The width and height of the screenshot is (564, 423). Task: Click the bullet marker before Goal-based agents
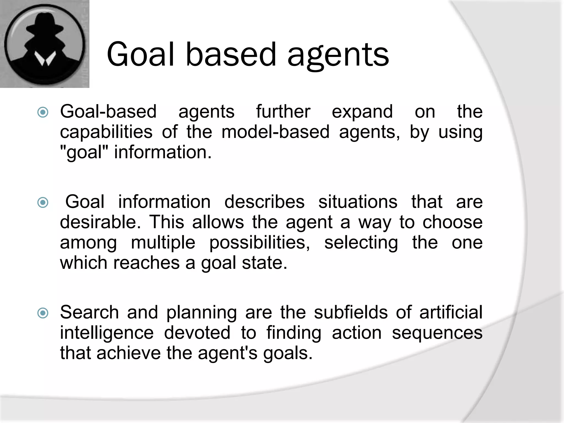43,112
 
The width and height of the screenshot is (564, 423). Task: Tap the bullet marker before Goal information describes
43,202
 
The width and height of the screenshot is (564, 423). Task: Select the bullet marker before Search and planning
43,313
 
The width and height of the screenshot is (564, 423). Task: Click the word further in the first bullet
283,112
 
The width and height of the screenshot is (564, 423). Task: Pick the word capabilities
106,132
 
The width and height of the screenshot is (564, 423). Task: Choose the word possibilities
259,243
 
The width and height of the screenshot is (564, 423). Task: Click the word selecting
361,243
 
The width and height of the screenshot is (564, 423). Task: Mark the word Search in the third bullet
90,312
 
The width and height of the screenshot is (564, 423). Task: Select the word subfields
351,312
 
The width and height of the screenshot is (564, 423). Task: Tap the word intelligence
107,333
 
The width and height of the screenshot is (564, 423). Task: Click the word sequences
437,333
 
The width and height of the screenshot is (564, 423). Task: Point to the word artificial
451,312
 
